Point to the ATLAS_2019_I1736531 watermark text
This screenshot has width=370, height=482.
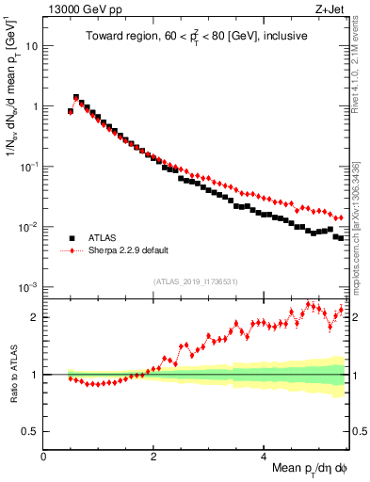click(x=195, y=281)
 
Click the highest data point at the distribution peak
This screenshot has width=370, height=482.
click(x=76, y=97)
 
